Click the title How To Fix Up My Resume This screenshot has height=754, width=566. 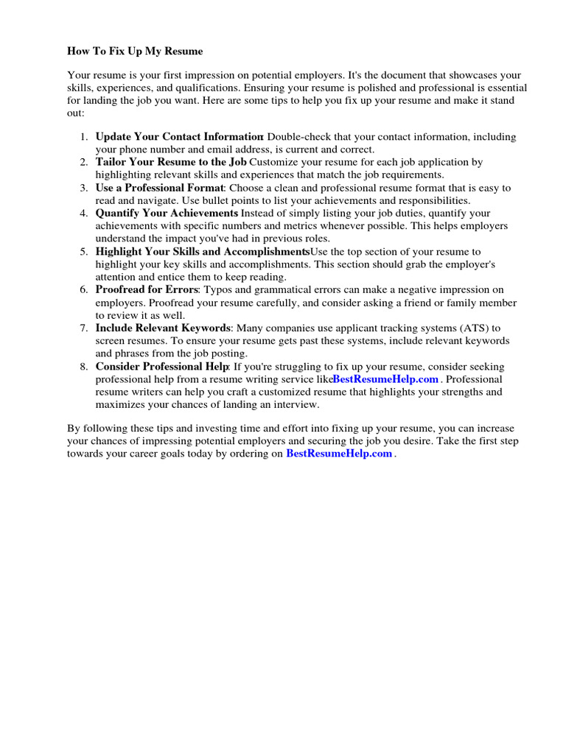(135, 52)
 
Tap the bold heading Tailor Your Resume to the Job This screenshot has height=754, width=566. (171, 162)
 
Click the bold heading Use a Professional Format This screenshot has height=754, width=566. (158, 188)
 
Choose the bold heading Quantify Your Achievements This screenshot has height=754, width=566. (167, 214)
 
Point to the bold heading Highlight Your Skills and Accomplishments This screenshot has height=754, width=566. (203, 252)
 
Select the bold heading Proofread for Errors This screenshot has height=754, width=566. (147, 290)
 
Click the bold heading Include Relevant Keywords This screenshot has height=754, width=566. (164, 328)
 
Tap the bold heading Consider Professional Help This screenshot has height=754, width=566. (162, 367)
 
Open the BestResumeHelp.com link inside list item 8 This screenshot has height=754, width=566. (385, 379)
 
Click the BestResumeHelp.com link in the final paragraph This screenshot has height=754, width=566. (339, 454)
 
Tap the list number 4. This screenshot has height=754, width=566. (83, 214)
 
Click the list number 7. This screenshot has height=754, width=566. (83, 328)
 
